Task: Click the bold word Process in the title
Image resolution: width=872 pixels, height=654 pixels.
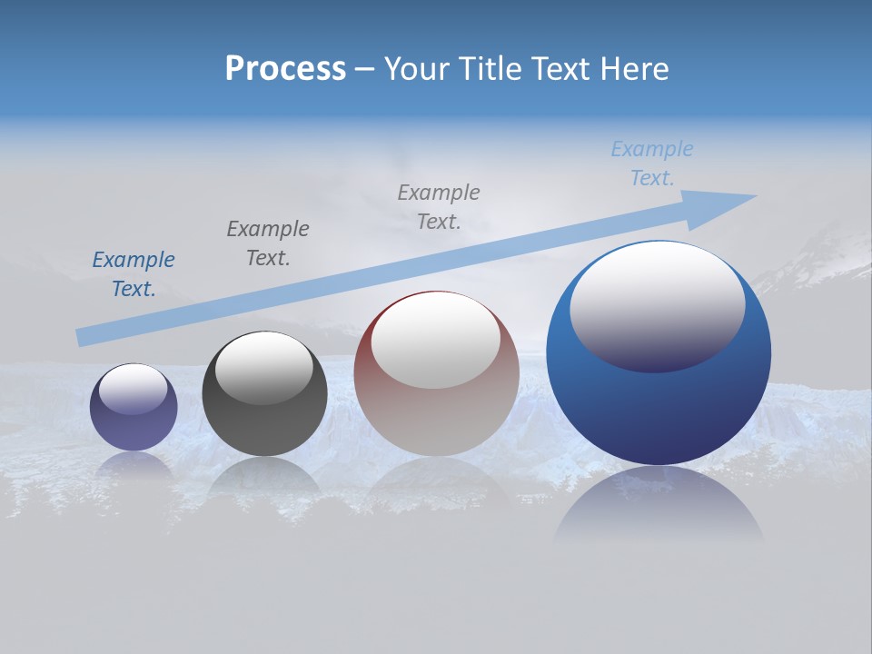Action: (x=285, y=69)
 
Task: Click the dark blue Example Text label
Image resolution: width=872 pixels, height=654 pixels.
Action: (x=134, y=273)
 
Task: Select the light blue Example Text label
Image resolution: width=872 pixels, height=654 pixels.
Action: (x=652, y=163)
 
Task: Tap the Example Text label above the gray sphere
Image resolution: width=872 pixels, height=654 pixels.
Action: (x=268, y=243)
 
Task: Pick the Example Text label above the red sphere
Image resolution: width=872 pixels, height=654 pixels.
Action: (x=439, y=206)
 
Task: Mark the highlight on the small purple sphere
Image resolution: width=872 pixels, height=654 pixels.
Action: (x=134, y=388)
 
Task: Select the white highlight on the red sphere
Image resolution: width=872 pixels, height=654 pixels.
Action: (x=436, y=338)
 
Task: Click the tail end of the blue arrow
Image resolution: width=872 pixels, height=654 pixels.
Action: (x=82, y=338)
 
